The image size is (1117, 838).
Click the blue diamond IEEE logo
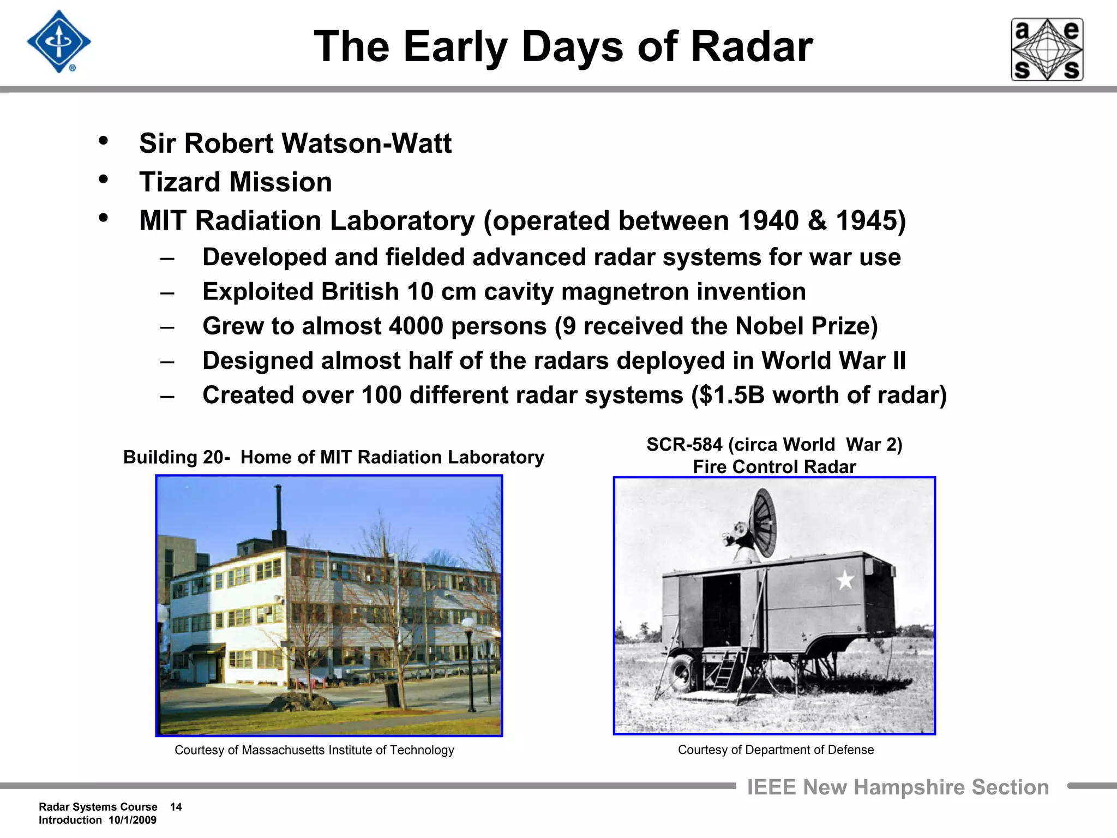[59, 42]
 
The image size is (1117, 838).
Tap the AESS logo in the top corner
[1047, 50]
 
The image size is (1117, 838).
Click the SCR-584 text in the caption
[684, 445]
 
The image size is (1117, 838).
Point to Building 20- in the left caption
[176, 457]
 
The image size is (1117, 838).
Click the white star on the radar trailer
[845, 580]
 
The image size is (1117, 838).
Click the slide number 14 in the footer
[176, 807]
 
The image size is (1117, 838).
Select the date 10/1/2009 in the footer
[133, 820]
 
